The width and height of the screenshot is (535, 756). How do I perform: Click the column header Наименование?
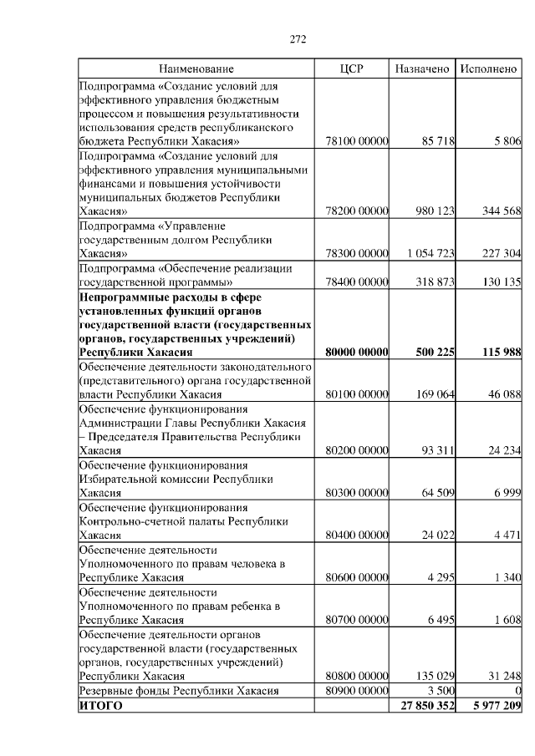pyautogui.click(x=196, y=68)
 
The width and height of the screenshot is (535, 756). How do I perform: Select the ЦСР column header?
pyautogui.click(x=352, y=68)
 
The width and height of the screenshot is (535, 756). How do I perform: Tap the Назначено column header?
pyautogui.click(x=422, y=68)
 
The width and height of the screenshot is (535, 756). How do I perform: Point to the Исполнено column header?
pyautogui.click(x=489, y=68)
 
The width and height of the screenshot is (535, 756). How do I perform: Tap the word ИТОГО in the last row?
pyautogui.click(x=100, y=706)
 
